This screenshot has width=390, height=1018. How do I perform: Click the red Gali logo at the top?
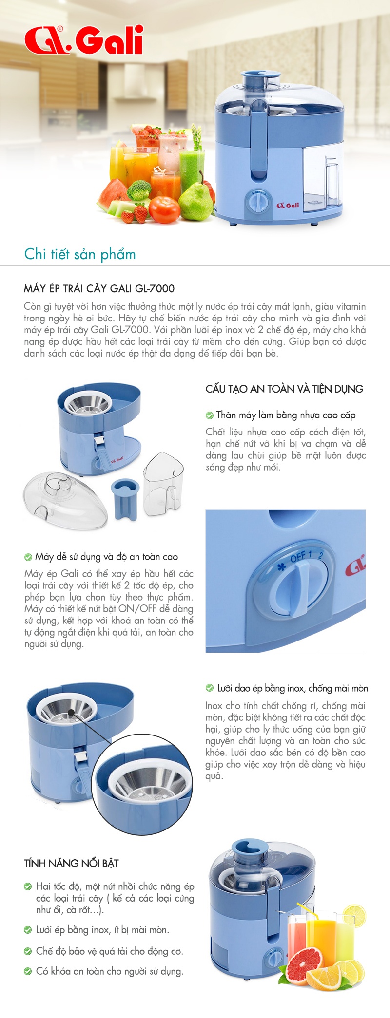[84, 39]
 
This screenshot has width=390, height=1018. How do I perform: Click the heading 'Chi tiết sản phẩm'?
[80, 254]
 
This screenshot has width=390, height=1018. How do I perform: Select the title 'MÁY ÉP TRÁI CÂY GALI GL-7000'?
[99, 288]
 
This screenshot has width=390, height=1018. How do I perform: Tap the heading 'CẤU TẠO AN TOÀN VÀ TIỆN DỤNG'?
[284, 389]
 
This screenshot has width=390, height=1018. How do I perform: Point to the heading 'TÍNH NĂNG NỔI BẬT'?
[72, 863]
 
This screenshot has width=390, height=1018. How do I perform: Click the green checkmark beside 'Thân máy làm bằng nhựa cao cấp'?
[210, 415]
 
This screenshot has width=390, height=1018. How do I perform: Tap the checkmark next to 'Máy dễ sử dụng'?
[28, 557]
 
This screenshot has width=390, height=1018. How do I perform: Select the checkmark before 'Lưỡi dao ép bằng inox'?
[210, 688]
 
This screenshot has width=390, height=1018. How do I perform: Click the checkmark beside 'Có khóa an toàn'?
[28, 971]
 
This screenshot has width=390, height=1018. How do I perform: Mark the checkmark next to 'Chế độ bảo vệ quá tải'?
[28, 951]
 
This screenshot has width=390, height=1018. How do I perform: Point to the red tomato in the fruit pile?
[164, 209]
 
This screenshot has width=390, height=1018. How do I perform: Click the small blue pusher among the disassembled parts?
[125, 498]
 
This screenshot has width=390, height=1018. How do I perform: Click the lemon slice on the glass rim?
[353, 915]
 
